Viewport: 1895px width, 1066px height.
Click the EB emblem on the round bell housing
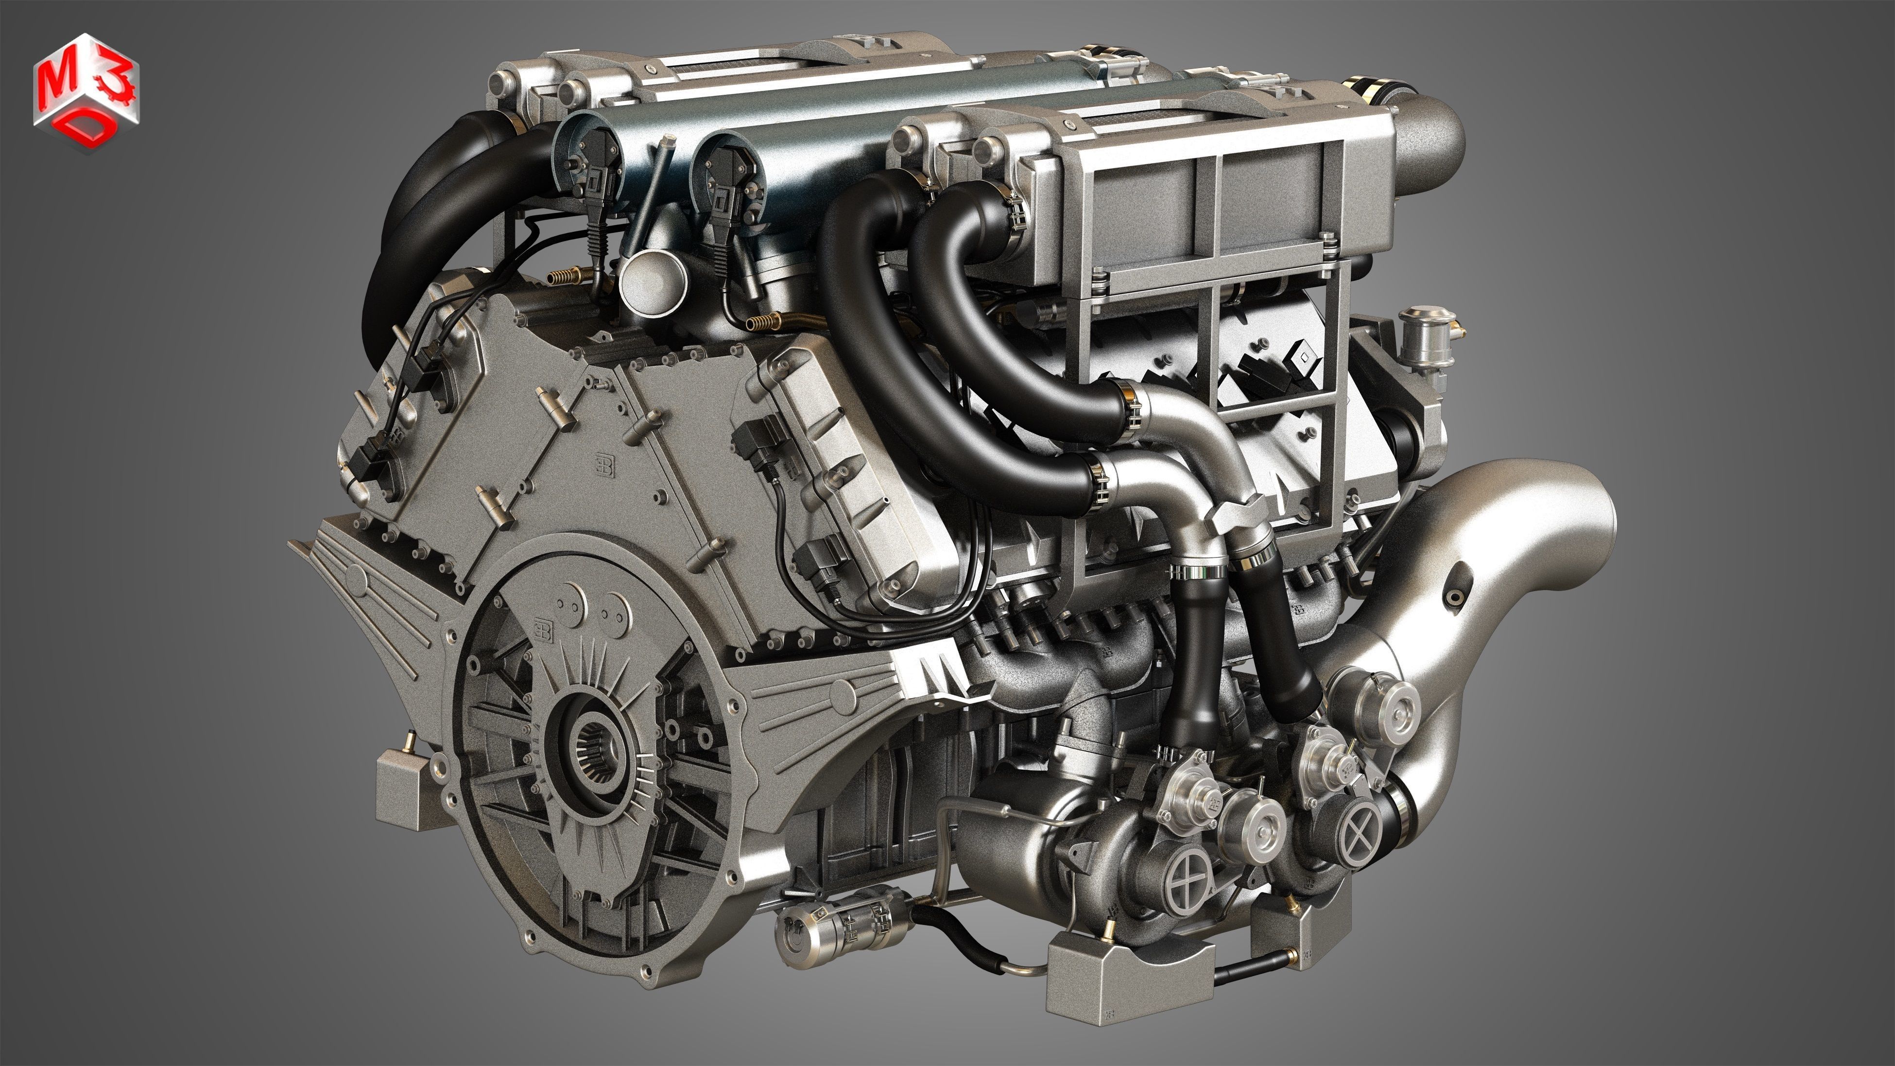544,629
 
